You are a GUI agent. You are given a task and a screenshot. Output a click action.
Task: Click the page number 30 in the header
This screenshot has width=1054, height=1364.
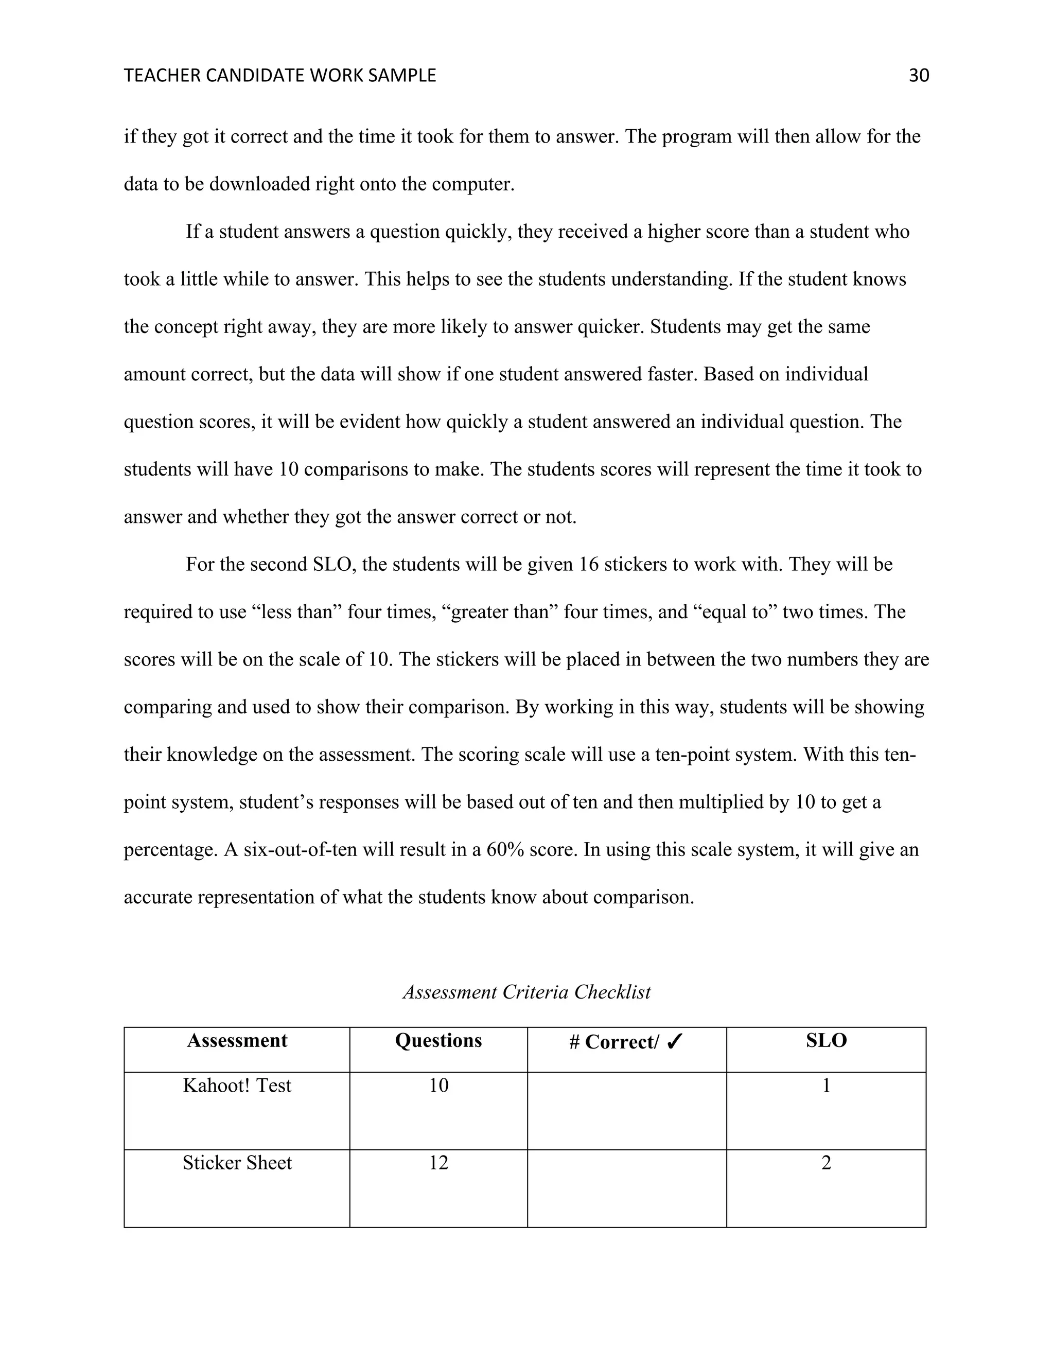[x=919, y=76]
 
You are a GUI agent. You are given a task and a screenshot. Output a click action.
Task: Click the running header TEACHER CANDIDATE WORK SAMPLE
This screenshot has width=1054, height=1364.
[x=280, y=76]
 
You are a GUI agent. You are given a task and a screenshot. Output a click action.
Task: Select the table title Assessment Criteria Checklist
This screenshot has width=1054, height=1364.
[x=526, y=992]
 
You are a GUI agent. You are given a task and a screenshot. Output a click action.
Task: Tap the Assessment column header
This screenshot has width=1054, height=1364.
[x=237, y=1040]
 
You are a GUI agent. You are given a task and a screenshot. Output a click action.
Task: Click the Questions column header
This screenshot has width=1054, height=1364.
[x=438, y=1040]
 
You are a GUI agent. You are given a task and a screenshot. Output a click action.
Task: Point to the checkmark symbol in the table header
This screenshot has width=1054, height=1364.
[x=675, y=1042]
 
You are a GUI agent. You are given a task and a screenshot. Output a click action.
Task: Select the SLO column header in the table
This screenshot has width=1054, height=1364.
[x=826, y=1040]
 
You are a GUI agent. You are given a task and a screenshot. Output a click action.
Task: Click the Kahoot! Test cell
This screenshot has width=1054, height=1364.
[x=237, y=1086]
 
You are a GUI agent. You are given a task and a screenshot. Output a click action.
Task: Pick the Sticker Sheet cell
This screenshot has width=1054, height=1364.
[x=237, y=1163]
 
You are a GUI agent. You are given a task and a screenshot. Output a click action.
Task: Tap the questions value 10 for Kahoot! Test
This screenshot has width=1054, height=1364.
[x=438, y=1086]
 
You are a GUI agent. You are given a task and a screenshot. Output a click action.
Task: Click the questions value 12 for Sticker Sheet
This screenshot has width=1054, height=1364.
[x=438, y=1163]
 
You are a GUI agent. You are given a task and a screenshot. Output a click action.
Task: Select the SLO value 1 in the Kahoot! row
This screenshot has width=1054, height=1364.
[x=826, y=1086]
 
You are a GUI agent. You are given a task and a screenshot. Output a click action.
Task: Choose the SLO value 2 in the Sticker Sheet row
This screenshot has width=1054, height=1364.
[x=826, y=1163]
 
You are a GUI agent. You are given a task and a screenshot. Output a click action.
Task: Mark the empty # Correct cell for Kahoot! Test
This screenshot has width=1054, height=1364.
[x=627, y=1110]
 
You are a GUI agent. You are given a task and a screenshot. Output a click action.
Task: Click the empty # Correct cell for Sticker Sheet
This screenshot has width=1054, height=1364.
[x=627, y=1188]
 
